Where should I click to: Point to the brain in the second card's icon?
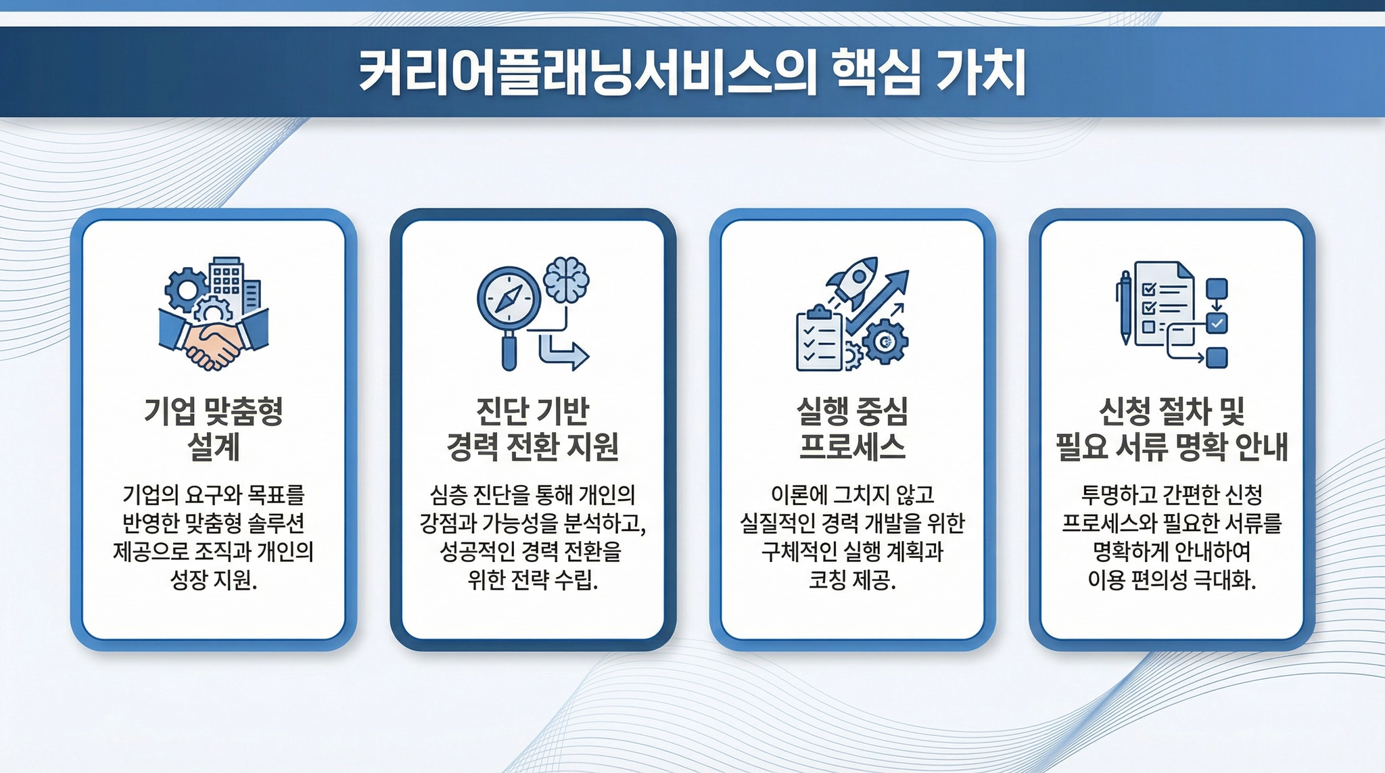tap(566, 279)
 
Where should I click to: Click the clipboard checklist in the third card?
tap(820, 338)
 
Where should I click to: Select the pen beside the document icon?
tap(1125, 308)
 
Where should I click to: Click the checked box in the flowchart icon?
tap(1217, 323)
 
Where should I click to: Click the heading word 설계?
tap(213, 446)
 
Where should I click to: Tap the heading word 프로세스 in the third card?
tap(852, 446)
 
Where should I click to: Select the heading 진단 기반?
tap(533, 411)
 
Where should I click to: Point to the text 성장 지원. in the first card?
tap(214, 580)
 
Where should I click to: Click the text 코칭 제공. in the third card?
tap(852, 580)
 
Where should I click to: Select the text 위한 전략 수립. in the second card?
tap(533, 580)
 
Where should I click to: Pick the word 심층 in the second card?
tap(448, 495)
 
